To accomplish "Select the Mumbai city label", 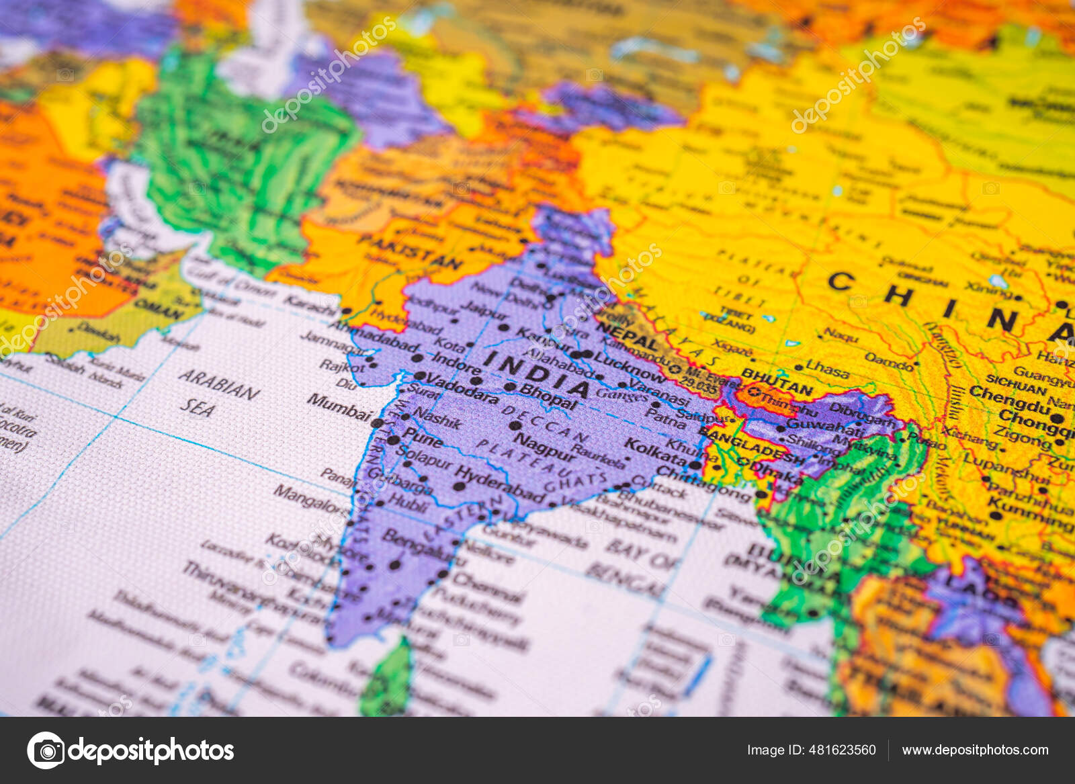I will click(x=339, y=406).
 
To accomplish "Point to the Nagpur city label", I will click(x=544, y=446).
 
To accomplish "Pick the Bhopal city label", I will click(x=548, y=397).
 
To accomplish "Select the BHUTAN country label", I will click(x=777, y=382).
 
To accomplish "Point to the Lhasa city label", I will click(x=827, y=369).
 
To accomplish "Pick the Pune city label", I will click(x=422, y=439).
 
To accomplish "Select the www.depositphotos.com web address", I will click(x=975, y=750).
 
